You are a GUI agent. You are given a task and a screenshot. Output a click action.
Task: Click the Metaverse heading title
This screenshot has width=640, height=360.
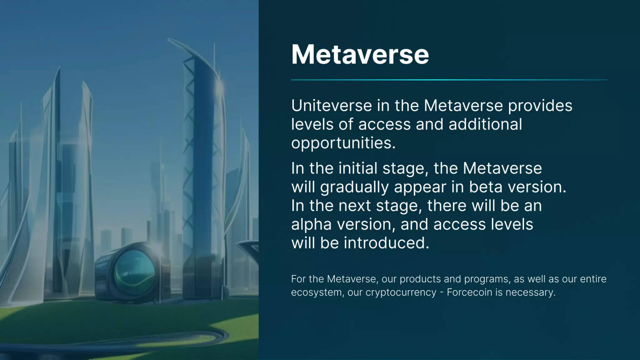360,55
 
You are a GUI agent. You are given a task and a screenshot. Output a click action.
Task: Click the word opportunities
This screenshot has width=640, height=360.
343,143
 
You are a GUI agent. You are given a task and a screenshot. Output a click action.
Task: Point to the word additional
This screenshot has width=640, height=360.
485,124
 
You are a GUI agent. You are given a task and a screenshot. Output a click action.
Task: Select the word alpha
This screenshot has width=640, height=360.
311,225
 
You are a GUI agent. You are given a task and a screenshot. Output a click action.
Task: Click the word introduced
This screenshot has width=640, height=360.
387,243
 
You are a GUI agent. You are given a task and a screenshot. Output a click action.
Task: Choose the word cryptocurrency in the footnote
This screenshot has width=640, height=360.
401,293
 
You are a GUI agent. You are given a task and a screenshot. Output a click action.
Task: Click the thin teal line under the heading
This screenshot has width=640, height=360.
449,80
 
